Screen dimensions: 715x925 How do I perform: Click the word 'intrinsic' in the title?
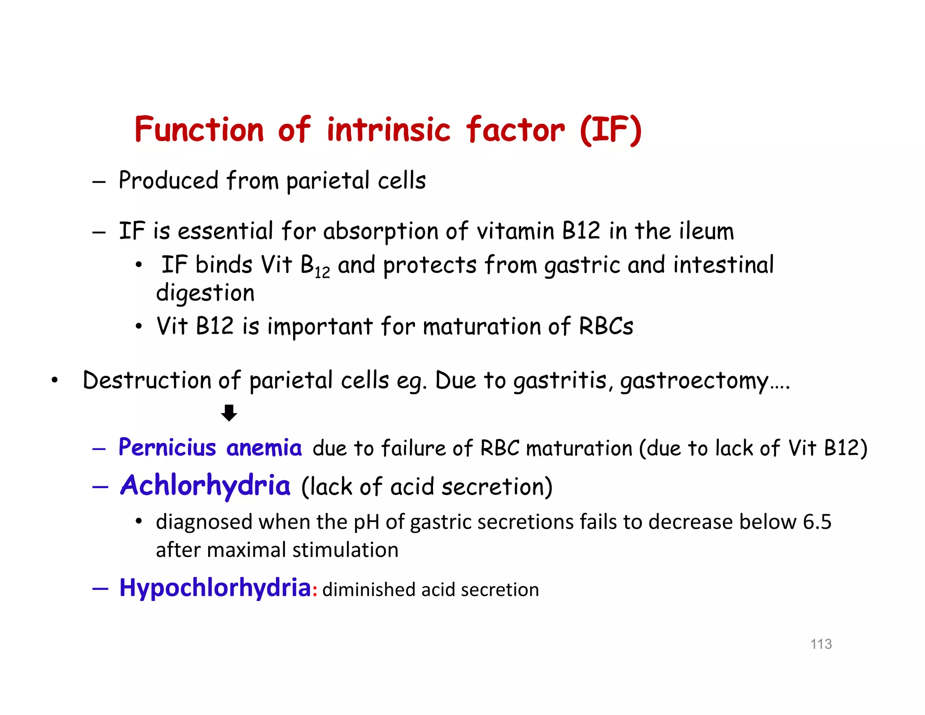click(388, 130)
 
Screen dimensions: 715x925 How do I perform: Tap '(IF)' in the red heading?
click(610, 130)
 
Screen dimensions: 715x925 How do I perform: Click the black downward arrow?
click(229, 413)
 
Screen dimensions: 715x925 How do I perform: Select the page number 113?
click(821, 644)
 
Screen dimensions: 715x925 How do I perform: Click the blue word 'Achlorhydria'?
click(205, 486)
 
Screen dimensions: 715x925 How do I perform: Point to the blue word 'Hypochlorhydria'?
click(215, 588)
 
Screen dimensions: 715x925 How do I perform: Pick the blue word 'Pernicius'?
click(167, 448)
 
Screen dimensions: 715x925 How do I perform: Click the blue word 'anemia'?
click(264, 448)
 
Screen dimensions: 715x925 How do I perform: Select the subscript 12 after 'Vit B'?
click(322, 272)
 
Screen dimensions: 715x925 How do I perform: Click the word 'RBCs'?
click(606, 326)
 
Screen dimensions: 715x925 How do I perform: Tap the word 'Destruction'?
click(146, 380)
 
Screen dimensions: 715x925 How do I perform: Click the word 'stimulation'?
click(345, 550)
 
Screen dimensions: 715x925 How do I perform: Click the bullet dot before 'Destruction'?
click(55, 380)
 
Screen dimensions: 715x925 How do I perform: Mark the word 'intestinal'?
click(723, 265)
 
